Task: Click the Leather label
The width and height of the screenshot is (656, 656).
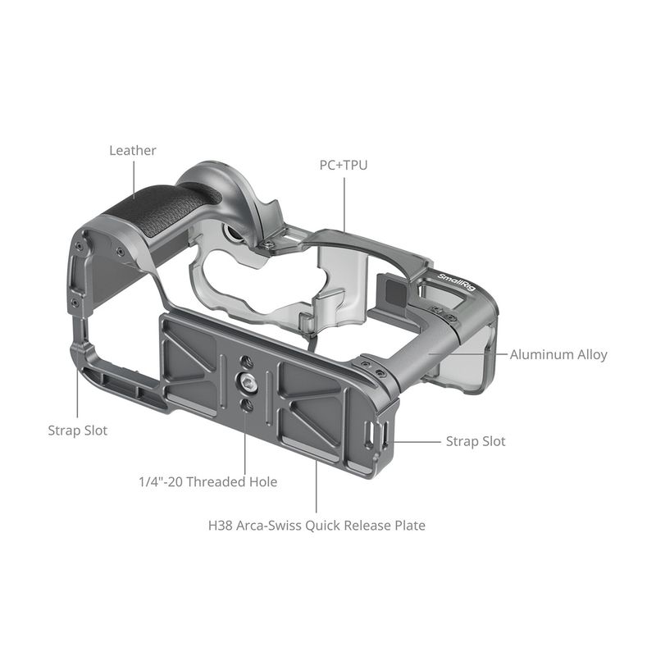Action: (x=133, y=151)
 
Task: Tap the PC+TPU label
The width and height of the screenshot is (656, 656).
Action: (x=344, y=166)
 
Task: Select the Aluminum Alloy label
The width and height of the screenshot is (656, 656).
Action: (x=558, y=355)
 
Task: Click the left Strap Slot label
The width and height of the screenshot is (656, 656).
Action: (x=78, y=430)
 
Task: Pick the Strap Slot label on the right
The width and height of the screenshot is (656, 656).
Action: (x=476, y=441)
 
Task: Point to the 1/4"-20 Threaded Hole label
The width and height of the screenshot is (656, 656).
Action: (x=208, y=482)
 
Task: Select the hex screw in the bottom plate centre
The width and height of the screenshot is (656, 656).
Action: (x=245, y=380)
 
